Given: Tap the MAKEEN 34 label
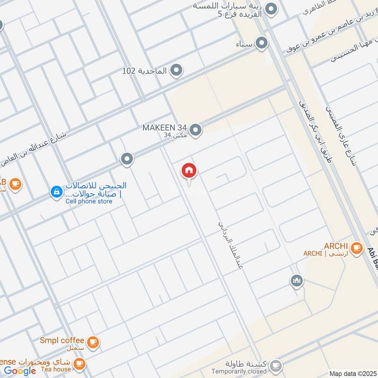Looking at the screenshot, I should coord(165,128).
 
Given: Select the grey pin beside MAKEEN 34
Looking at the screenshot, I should coord(196,129).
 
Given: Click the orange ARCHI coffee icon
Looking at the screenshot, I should coord(357,247).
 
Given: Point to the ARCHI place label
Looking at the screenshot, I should coord(336,246).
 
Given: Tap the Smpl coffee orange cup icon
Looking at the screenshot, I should coord(93,342).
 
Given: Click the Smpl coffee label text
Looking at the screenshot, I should coord(62,340).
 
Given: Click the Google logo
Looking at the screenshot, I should coord(20,371).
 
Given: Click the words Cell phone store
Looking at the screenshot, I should coord(89,201).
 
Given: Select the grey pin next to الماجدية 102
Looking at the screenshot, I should coord(176,71).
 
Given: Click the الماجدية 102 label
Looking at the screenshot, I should coord(145,71).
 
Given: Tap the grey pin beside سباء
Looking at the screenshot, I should coord(261,44).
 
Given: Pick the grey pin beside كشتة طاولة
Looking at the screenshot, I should coord(275,366).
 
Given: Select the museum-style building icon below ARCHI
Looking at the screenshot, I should coord(296,281).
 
